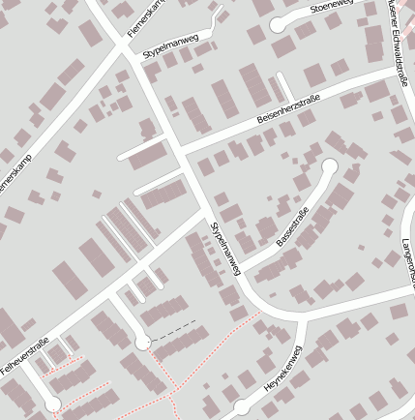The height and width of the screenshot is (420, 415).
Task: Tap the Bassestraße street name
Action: click(x=292, y=226)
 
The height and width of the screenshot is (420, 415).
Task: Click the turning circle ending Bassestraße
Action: click(x=329, y=165)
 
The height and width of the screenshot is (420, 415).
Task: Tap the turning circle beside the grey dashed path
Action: click(x=143, y=342)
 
